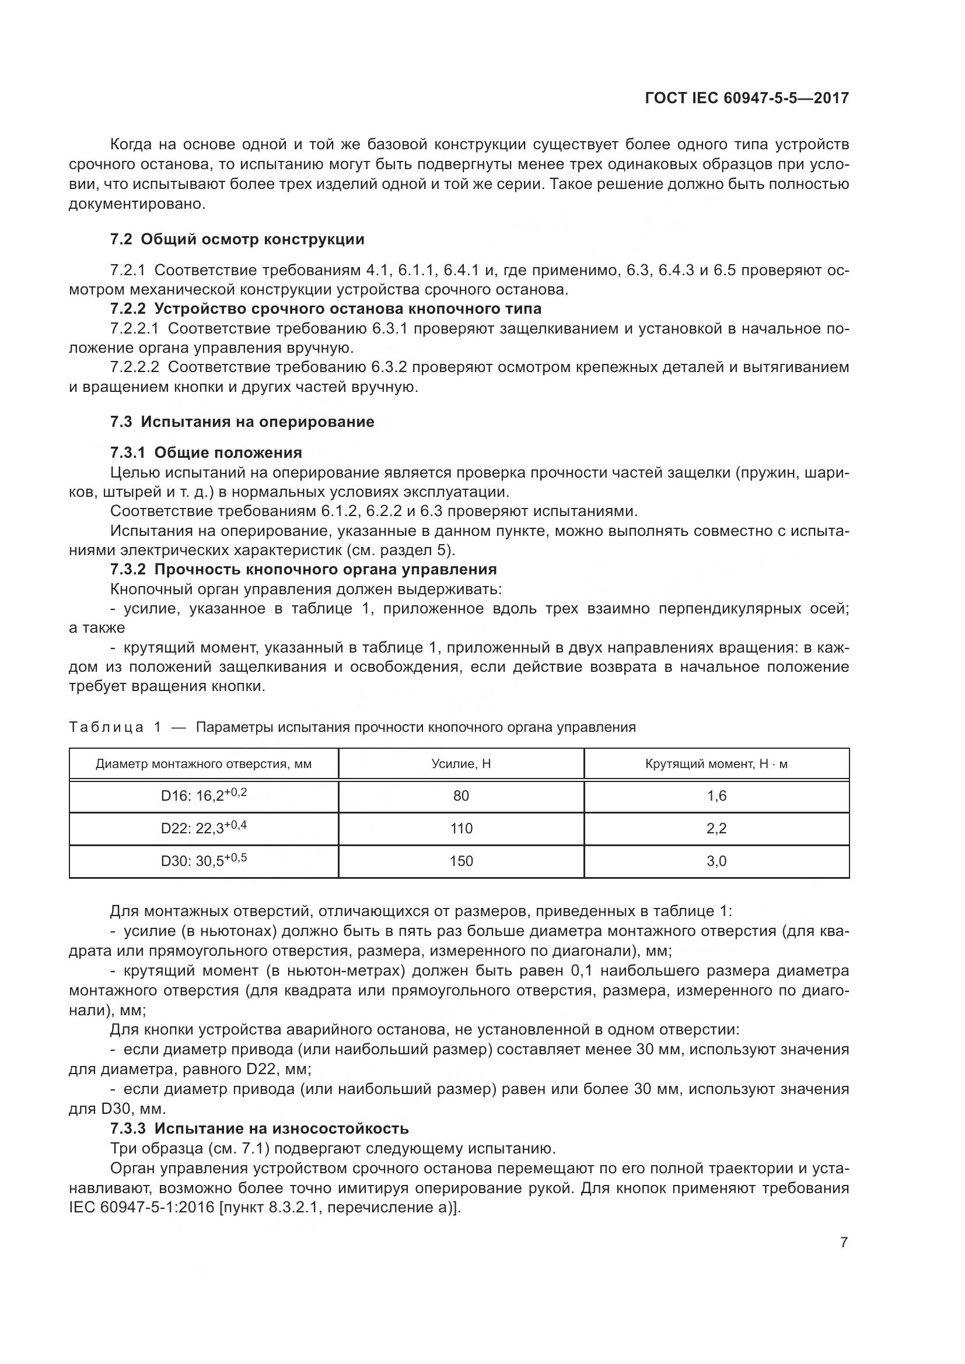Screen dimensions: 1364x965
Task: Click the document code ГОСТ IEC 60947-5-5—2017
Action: pyautogui.click(x=747, y=99)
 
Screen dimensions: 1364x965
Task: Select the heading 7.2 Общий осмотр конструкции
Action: pyautogui.click(x=237, y=240)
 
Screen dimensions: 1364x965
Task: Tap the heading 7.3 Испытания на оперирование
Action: pyautogui.click(x=242, y=422)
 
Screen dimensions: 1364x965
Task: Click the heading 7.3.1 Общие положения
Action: pyautogui.click(x=205, y=453)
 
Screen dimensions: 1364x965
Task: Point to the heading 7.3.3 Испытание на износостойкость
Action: pyautogui.click(x=259, y=1128)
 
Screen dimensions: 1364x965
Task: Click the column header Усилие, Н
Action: pyautogui.click(x=461, y=764)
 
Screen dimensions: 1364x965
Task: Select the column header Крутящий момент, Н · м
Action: pyautogui.click(x=716, y=764)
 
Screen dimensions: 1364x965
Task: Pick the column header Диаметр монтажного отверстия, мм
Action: pyautogui.click(x=204, y=764)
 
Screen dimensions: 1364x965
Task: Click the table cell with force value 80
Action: pyautogui.click(x=461, y=796)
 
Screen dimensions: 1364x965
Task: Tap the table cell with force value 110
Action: pyautogui.click(x=461, y=828)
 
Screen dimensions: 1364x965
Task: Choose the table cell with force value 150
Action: pyautogui.click(x=461, y=861)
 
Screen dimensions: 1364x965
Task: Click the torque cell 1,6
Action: pyautogui.click(x=716, y=796)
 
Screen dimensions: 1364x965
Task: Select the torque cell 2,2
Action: pyautogui.click(x=716, y=828)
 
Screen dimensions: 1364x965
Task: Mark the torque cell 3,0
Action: pyautogui.click(x=716, y=861)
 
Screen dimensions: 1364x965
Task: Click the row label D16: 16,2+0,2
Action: pyautogui.click(x=204, y=795)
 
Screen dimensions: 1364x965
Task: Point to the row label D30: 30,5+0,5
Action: pyautogui.click(x=204, y=860)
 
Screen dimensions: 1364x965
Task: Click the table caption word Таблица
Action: pyautogui.click(x=106, y=727)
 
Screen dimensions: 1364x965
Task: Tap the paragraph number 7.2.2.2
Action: pyautogui.click(x=134, y=367)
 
